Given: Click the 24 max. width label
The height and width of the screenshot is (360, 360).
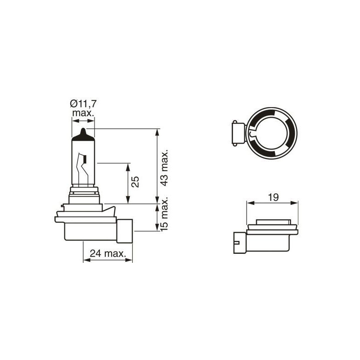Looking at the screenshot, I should pyautogui.click(x=108, y=253).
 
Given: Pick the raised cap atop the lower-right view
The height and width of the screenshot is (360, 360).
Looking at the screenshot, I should pyautogui.click(x=273, y=222).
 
